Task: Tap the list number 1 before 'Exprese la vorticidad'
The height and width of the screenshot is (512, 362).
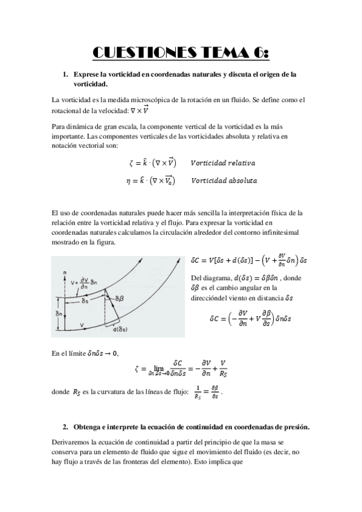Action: pyautogui.click(x=65, y=74)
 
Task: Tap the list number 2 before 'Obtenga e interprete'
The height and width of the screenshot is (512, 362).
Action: pyautogui.click(x=65, y=427)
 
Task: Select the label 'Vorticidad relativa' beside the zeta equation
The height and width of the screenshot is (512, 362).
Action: pyautogui.click(x=222, y=163)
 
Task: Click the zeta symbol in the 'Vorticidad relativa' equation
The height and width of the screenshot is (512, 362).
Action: pyautogui.click(x=131, y=164)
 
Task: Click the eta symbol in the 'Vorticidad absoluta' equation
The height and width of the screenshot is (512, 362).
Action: pyautogui.click(x=131, y=181)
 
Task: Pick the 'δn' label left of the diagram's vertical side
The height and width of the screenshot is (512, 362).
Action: pyautogui.click(x=55, y=313)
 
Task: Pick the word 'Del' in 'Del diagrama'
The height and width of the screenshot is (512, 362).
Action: pyautogui.click(x=195, y=278)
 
